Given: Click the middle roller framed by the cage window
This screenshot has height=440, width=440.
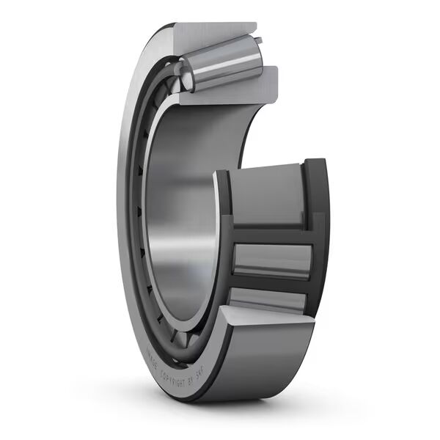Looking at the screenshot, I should click(x=271, y=260).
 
